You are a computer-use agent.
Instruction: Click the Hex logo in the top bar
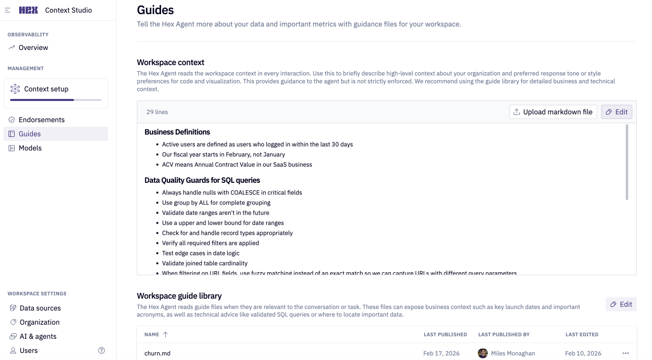[28, 10]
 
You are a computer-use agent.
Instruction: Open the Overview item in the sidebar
[33, 47]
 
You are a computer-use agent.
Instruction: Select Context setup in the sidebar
[46, 89]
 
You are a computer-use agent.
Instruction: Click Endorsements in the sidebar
[41, 120]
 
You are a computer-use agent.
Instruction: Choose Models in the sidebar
[30, 148]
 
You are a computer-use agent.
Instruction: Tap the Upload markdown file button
[553, 112]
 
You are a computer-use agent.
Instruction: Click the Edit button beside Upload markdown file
[617, 112]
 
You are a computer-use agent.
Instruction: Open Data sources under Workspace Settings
[40, 308]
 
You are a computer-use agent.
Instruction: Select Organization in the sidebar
[39, 322]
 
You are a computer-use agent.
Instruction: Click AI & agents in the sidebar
[38, 336]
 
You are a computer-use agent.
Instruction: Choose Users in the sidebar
[28, 350]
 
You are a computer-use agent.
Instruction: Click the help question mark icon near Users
[102, 350]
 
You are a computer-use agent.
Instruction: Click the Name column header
[152, 334]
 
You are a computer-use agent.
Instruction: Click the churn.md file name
[157, 353]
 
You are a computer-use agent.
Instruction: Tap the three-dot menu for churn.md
[626, 353]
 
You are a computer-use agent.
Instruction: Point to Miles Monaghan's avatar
[483, 353]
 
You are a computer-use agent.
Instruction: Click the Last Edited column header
[582, 334]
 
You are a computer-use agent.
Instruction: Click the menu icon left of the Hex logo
[8, 10]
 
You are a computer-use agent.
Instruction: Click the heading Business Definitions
[177, 132]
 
